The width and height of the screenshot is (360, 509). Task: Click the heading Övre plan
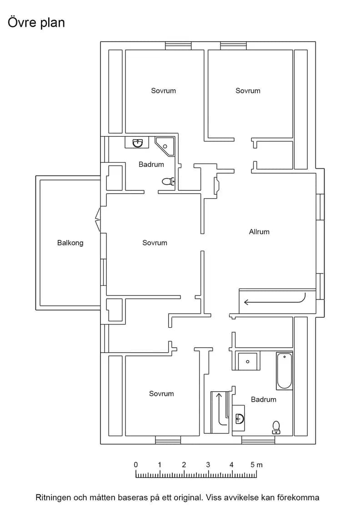pyautogui.click(x=36, y=23)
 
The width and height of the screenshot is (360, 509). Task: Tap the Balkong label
pyautogui.click(x=70, y=243)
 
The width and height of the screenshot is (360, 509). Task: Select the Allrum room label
pyautogui.click(x=259, y=232)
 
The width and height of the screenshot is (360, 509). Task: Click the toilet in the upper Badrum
pyautogui.click(x=168, y=181)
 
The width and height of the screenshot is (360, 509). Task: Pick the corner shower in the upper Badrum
pyautogui.click(x=165, y=147)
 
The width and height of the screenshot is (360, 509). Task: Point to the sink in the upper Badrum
pyautogui.click(x=138, y=142)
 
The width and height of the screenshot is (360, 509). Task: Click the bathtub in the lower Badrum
pyautogui.click(x=285, y=370)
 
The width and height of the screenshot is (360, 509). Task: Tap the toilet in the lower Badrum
pyautogui.click(x=276, y=428)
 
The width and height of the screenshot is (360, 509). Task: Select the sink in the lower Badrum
pyautogui.click(x=239, y=419)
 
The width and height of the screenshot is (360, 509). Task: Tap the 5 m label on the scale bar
pyautogui.click(x=256, y=464)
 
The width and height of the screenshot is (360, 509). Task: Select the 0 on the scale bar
pyautogui.click(x=136, y=464)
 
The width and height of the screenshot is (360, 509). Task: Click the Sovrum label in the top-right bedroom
pyautogui.click(x=248, y=91)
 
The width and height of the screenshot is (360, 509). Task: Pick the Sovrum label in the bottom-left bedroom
pyautogui.click(x=161, y=394)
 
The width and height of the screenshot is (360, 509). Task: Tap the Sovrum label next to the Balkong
pyautogui.click(x=155, y=243)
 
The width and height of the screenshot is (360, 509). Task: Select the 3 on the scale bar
pyautogui.click(x=208, y=464)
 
